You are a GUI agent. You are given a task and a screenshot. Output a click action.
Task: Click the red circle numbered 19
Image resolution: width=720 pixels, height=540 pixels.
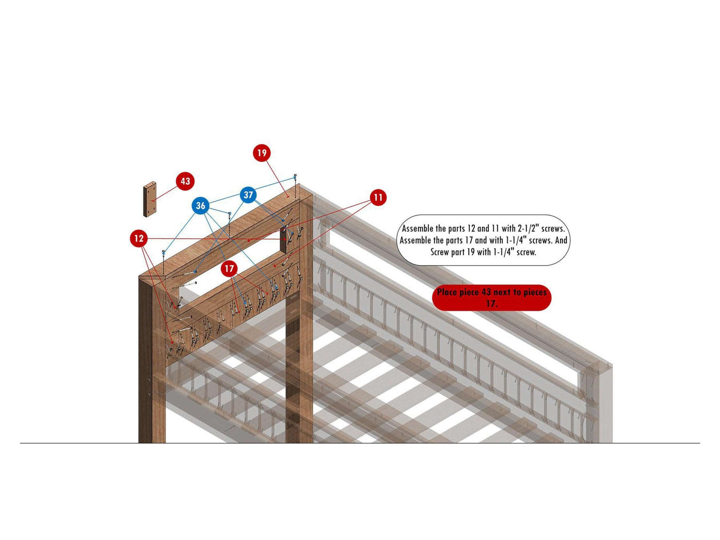pyautogui.click(x=262, y=152)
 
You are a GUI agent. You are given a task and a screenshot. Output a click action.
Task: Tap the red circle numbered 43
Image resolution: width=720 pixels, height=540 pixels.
pyautogui.click(x=185, y=181)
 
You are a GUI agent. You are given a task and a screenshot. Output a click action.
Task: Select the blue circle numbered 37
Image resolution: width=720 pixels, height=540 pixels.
pyautogui.click(x=248, y=195)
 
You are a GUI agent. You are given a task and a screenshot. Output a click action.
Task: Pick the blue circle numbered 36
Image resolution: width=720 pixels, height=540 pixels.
pyautogui.click(x=200, y=206)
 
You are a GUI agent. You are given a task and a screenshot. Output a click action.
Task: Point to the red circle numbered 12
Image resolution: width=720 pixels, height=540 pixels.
pyautogui.click(x=139, y=238)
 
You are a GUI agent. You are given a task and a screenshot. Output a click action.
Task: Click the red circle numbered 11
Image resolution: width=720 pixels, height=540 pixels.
pyautogui.click(x=378, y=197)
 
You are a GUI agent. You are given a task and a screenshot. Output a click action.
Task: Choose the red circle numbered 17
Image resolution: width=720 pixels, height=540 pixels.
pyautogui.click(x=229, y=269)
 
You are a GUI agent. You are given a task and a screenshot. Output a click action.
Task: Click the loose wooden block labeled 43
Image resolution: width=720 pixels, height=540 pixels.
pyautogui.click(x=149, y=199)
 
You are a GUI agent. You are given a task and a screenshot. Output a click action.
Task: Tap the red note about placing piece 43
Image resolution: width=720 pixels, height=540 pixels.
pyautogui.click(x=491, y=298)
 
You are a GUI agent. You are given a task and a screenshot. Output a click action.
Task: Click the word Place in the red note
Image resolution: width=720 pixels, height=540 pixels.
pyautogui.click(x=448, y=292)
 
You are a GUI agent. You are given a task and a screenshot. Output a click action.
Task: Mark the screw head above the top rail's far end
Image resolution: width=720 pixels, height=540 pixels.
pyautogui.click(x=295, y=176)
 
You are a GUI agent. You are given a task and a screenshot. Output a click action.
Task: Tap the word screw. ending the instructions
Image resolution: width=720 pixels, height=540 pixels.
pyautogui.click(x=526, y=253)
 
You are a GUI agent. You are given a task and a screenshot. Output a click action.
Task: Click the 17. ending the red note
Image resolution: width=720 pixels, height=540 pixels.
pyautogui.click(x=491, y=303)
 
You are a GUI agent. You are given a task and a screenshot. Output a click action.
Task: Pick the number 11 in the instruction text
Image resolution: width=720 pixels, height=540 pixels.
pyautogui.click(x=495, y=229)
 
